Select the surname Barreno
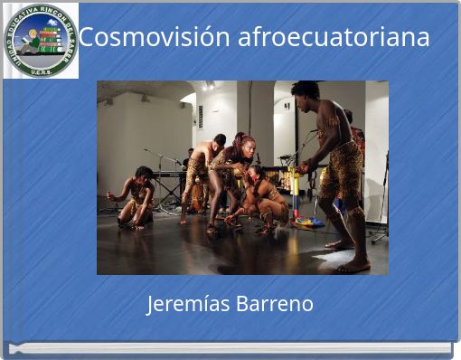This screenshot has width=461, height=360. tap(274, 304)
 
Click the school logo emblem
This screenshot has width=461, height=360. tap(41, 41)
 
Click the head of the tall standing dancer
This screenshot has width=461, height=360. tap(306, 91)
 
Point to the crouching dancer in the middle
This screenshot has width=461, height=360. tap(264, 199)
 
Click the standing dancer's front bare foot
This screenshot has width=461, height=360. tap(354, 267)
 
